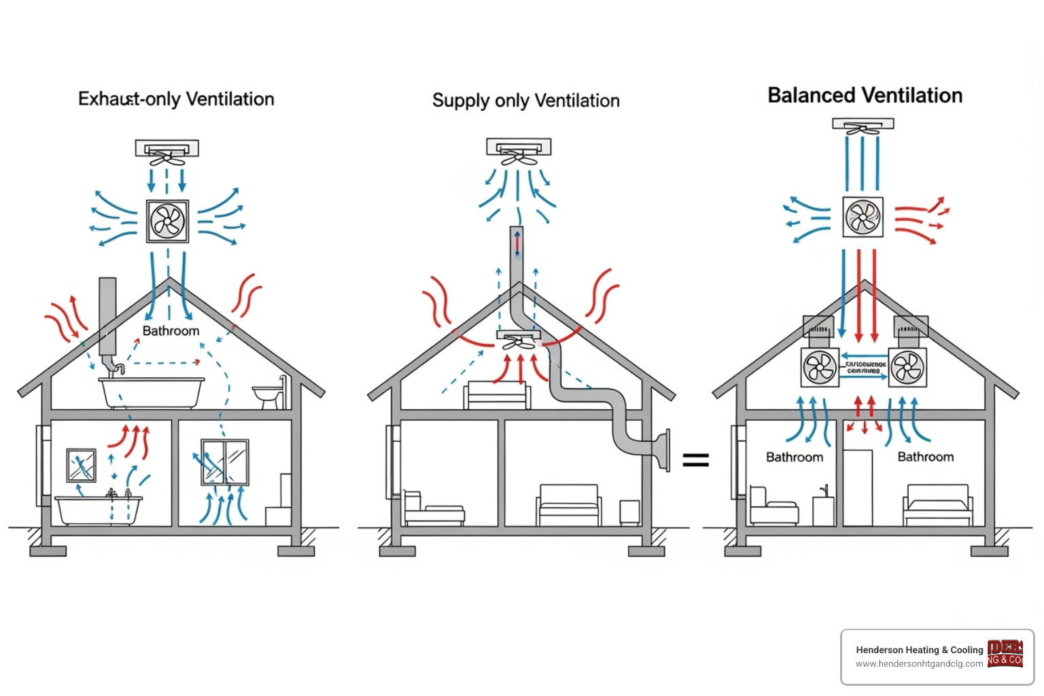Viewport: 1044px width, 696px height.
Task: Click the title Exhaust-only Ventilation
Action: point(176,99)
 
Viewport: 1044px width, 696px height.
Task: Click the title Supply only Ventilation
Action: point(525,101)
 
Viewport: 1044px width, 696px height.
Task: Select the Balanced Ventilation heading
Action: point(865,96)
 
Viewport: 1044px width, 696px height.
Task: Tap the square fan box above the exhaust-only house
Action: point(167,221)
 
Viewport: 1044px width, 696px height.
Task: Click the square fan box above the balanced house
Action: point(863,217)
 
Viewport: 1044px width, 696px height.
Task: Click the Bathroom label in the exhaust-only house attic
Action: point(171,331)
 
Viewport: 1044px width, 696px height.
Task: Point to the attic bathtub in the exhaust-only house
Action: point(152,392)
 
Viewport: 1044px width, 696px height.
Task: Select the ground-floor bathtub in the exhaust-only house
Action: point(99,510)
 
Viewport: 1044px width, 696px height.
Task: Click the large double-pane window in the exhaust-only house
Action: point(225,462)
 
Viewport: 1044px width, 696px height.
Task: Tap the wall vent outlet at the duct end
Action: point(663,450)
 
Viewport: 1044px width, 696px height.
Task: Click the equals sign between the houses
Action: point(695,460)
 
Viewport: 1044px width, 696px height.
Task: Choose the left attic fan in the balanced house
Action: point(820,368)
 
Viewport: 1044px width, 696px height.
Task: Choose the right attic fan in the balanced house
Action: point(907,368)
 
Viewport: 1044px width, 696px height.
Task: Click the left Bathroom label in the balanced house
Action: point(795,457)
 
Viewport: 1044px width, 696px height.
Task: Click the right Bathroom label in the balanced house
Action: point(925,457)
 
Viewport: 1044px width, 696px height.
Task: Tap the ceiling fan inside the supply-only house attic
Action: point(519,341)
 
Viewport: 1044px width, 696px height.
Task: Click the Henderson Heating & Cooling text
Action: point(919,650)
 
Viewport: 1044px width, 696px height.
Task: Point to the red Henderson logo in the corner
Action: point(1005,653)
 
